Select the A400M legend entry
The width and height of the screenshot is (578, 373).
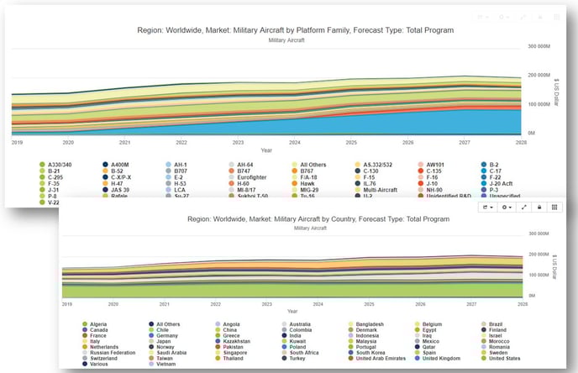pyautogui.click(x=120, y=164)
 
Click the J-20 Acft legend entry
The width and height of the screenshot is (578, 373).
pyautogui.click(x=504, y=183)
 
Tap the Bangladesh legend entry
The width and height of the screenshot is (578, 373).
pyautogui.click(x=370, y=323)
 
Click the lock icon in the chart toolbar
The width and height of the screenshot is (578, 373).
pyautogui.click(x=539, y=207)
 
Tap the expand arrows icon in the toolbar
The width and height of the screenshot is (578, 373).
pyautogui.click(x=524, y=207)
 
